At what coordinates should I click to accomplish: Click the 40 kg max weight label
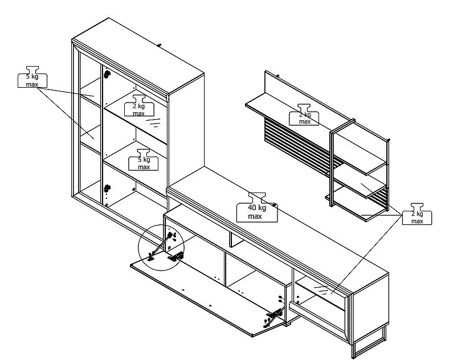(257, 208)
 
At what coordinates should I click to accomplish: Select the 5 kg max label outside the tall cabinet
(32, 77)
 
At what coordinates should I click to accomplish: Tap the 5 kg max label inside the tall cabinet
(143, 160)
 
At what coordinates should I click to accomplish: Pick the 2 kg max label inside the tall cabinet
(139, 105)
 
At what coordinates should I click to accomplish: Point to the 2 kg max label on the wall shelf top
(304, 114)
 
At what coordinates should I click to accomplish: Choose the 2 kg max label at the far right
(417, 214)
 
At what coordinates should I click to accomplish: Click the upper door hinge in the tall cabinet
(107, 74)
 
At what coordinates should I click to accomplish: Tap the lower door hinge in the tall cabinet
(107, 189)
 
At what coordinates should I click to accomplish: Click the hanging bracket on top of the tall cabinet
(159, 45)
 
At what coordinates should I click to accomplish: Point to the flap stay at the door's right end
(274, 316)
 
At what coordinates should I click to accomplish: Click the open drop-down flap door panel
(207, 293)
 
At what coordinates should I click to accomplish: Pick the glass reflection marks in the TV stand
(321, 289)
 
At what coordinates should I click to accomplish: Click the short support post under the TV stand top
(234, 239)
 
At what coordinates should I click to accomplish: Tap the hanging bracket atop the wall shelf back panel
(277, 76)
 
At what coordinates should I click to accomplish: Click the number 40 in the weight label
(252, 207)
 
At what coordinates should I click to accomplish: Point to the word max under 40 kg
(255, 216)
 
